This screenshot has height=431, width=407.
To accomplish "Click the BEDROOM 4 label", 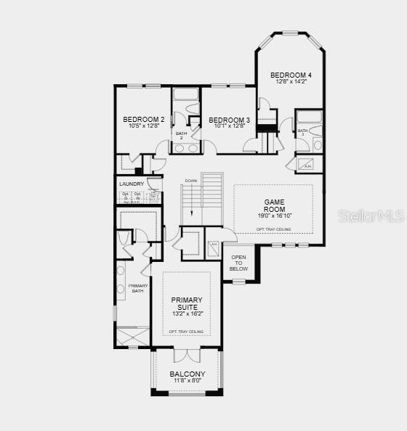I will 291,75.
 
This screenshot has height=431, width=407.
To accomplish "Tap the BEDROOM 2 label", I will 143,119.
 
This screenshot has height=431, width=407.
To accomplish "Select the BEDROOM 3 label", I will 229,120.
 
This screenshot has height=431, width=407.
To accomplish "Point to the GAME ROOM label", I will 274,205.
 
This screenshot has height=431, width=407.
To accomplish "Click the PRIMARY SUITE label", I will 187,303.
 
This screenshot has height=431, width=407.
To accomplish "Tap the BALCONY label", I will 188,374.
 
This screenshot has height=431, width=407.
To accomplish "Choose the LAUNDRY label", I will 132,184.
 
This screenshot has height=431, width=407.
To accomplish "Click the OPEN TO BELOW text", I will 238,263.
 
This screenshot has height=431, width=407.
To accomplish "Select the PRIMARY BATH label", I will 138,288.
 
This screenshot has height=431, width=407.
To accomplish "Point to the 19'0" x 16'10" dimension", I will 274,215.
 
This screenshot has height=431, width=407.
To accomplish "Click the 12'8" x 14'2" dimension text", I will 291,81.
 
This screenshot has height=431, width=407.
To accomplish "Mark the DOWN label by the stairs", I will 191,180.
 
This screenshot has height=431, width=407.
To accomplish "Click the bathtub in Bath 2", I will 186,94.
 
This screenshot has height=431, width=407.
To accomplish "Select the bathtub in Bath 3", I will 310,116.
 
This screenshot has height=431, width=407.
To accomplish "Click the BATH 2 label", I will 181,135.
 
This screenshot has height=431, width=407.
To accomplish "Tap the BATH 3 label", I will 302,133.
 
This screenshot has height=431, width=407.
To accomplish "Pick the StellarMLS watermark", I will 368,215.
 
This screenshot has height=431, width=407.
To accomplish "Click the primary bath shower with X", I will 132,336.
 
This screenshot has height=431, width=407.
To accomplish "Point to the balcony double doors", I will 187,356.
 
